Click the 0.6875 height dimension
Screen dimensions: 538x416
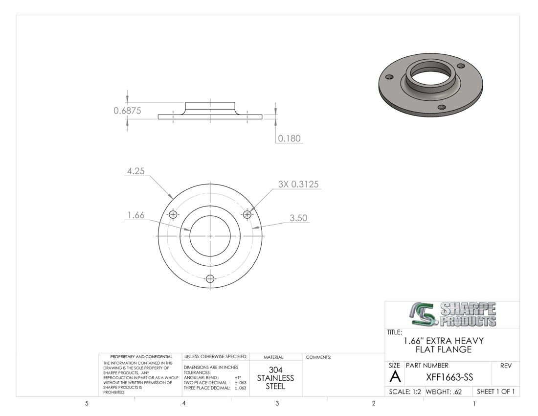[x=127, y=111]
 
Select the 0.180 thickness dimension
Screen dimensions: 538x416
[x=289, y=139]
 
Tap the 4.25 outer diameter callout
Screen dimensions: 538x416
[x=136, y=171]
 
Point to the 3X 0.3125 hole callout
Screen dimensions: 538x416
[x=298, y=185]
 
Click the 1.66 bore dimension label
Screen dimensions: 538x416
[x=136, y=215]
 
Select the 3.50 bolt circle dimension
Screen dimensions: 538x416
[x=298, y=218]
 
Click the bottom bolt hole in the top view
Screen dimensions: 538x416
[x=210, y=278]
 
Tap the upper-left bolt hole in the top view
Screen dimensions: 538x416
[x=173, y=215]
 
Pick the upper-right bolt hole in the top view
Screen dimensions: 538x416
[x=247, y=215]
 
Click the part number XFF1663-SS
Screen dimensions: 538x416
[x=449, y=377]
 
